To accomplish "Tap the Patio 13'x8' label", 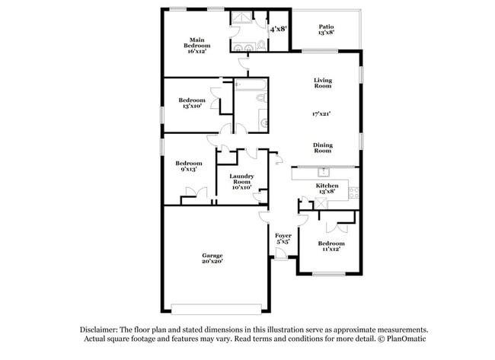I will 326,30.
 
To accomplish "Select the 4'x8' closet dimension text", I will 278,29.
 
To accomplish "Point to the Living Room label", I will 322,83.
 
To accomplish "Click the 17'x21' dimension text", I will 322,114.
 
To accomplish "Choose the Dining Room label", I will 322,148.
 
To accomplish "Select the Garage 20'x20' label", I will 212,258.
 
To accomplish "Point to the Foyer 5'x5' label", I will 283,239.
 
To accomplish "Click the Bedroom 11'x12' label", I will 331,246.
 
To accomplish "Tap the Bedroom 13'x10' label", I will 192,103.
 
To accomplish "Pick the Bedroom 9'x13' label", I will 188,166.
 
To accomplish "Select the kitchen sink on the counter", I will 323,172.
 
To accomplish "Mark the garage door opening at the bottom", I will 216,308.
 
